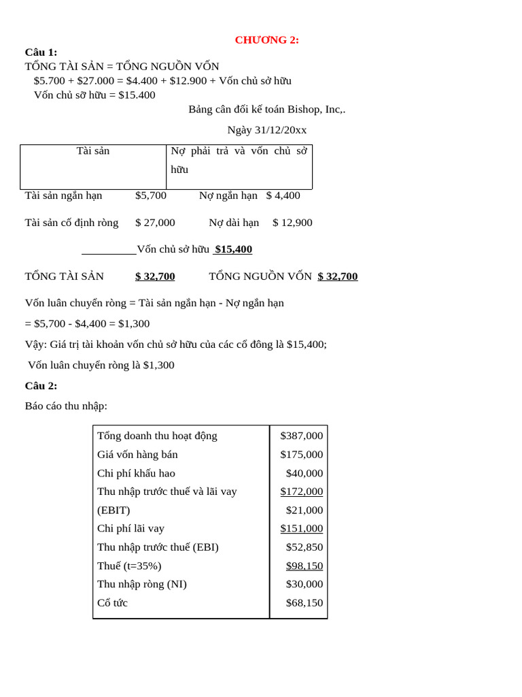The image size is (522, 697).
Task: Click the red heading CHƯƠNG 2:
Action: (266, 40)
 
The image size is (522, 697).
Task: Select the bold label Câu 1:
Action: (41, 52)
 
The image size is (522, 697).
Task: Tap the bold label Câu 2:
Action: (41, 386)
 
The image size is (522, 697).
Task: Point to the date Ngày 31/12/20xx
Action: (266, 130)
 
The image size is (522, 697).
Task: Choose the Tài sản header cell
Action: (93, 151)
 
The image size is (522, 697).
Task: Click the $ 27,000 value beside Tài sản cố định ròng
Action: (155, 223)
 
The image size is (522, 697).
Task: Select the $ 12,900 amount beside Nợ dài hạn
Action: (292, 223)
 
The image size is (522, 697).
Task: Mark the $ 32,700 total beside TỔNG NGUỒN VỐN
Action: (337, 276)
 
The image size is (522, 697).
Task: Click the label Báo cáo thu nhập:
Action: (66, 406)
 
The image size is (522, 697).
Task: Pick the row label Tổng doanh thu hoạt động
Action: (157, 436)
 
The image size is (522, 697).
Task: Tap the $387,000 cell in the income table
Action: (301, 436)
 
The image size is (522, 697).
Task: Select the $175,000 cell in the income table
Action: (301, 455)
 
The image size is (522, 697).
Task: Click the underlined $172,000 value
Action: (301, 491)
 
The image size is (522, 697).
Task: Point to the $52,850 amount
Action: (304, 547)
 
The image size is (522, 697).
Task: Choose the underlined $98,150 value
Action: (304, 566)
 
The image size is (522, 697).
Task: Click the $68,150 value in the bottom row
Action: (304, 603)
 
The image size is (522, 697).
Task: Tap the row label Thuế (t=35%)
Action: (129, 566)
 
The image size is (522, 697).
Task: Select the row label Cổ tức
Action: (112, 603)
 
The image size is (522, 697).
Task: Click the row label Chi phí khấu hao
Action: (136, 473)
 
